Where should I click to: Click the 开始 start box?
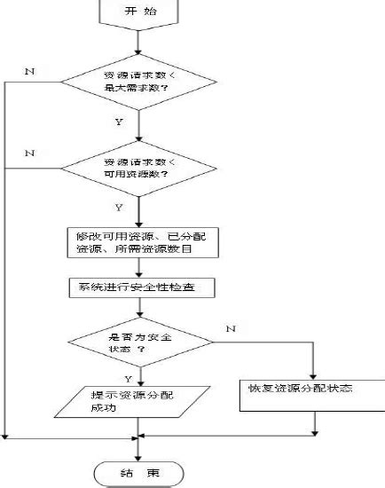(137, 12)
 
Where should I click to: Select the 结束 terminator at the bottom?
(137, 471)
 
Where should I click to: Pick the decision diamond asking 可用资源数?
(137, 168)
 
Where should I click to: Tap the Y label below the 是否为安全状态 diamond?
(129, 376)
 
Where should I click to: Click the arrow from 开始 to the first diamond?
(137, 41)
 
